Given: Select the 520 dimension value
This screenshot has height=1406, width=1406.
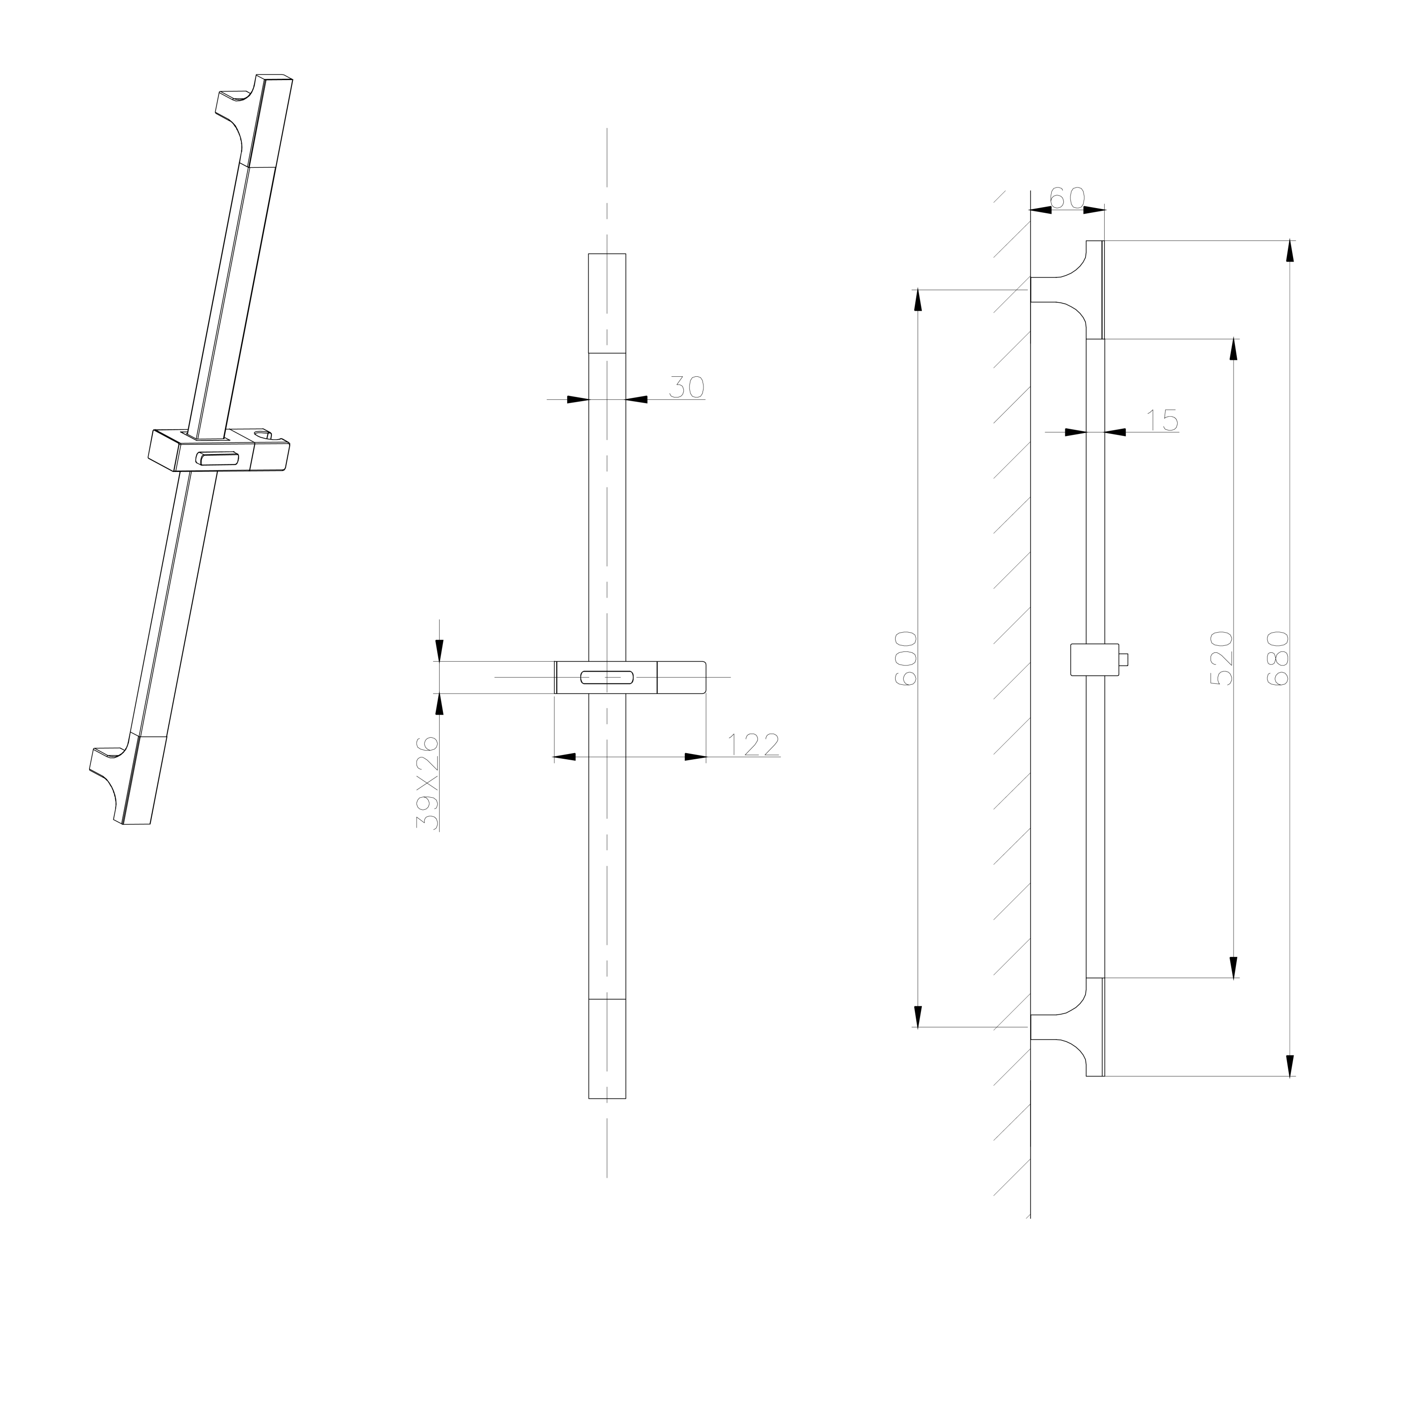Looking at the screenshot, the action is pos(1221,659).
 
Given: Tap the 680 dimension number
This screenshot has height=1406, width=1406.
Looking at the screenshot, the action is pos(1278,659).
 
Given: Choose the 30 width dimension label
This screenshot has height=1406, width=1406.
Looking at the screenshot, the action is pos(686,387).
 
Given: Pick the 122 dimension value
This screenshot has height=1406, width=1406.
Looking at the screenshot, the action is pos(754,745).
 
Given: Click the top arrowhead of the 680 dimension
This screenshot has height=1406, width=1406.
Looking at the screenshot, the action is pos(1290,251).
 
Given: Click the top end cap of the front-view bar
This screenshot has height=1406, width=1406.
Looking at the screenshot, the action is pos(607,304).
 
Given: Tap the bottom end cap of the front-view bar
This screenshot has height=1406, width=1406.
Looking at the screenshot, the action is pos(607,1049).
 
